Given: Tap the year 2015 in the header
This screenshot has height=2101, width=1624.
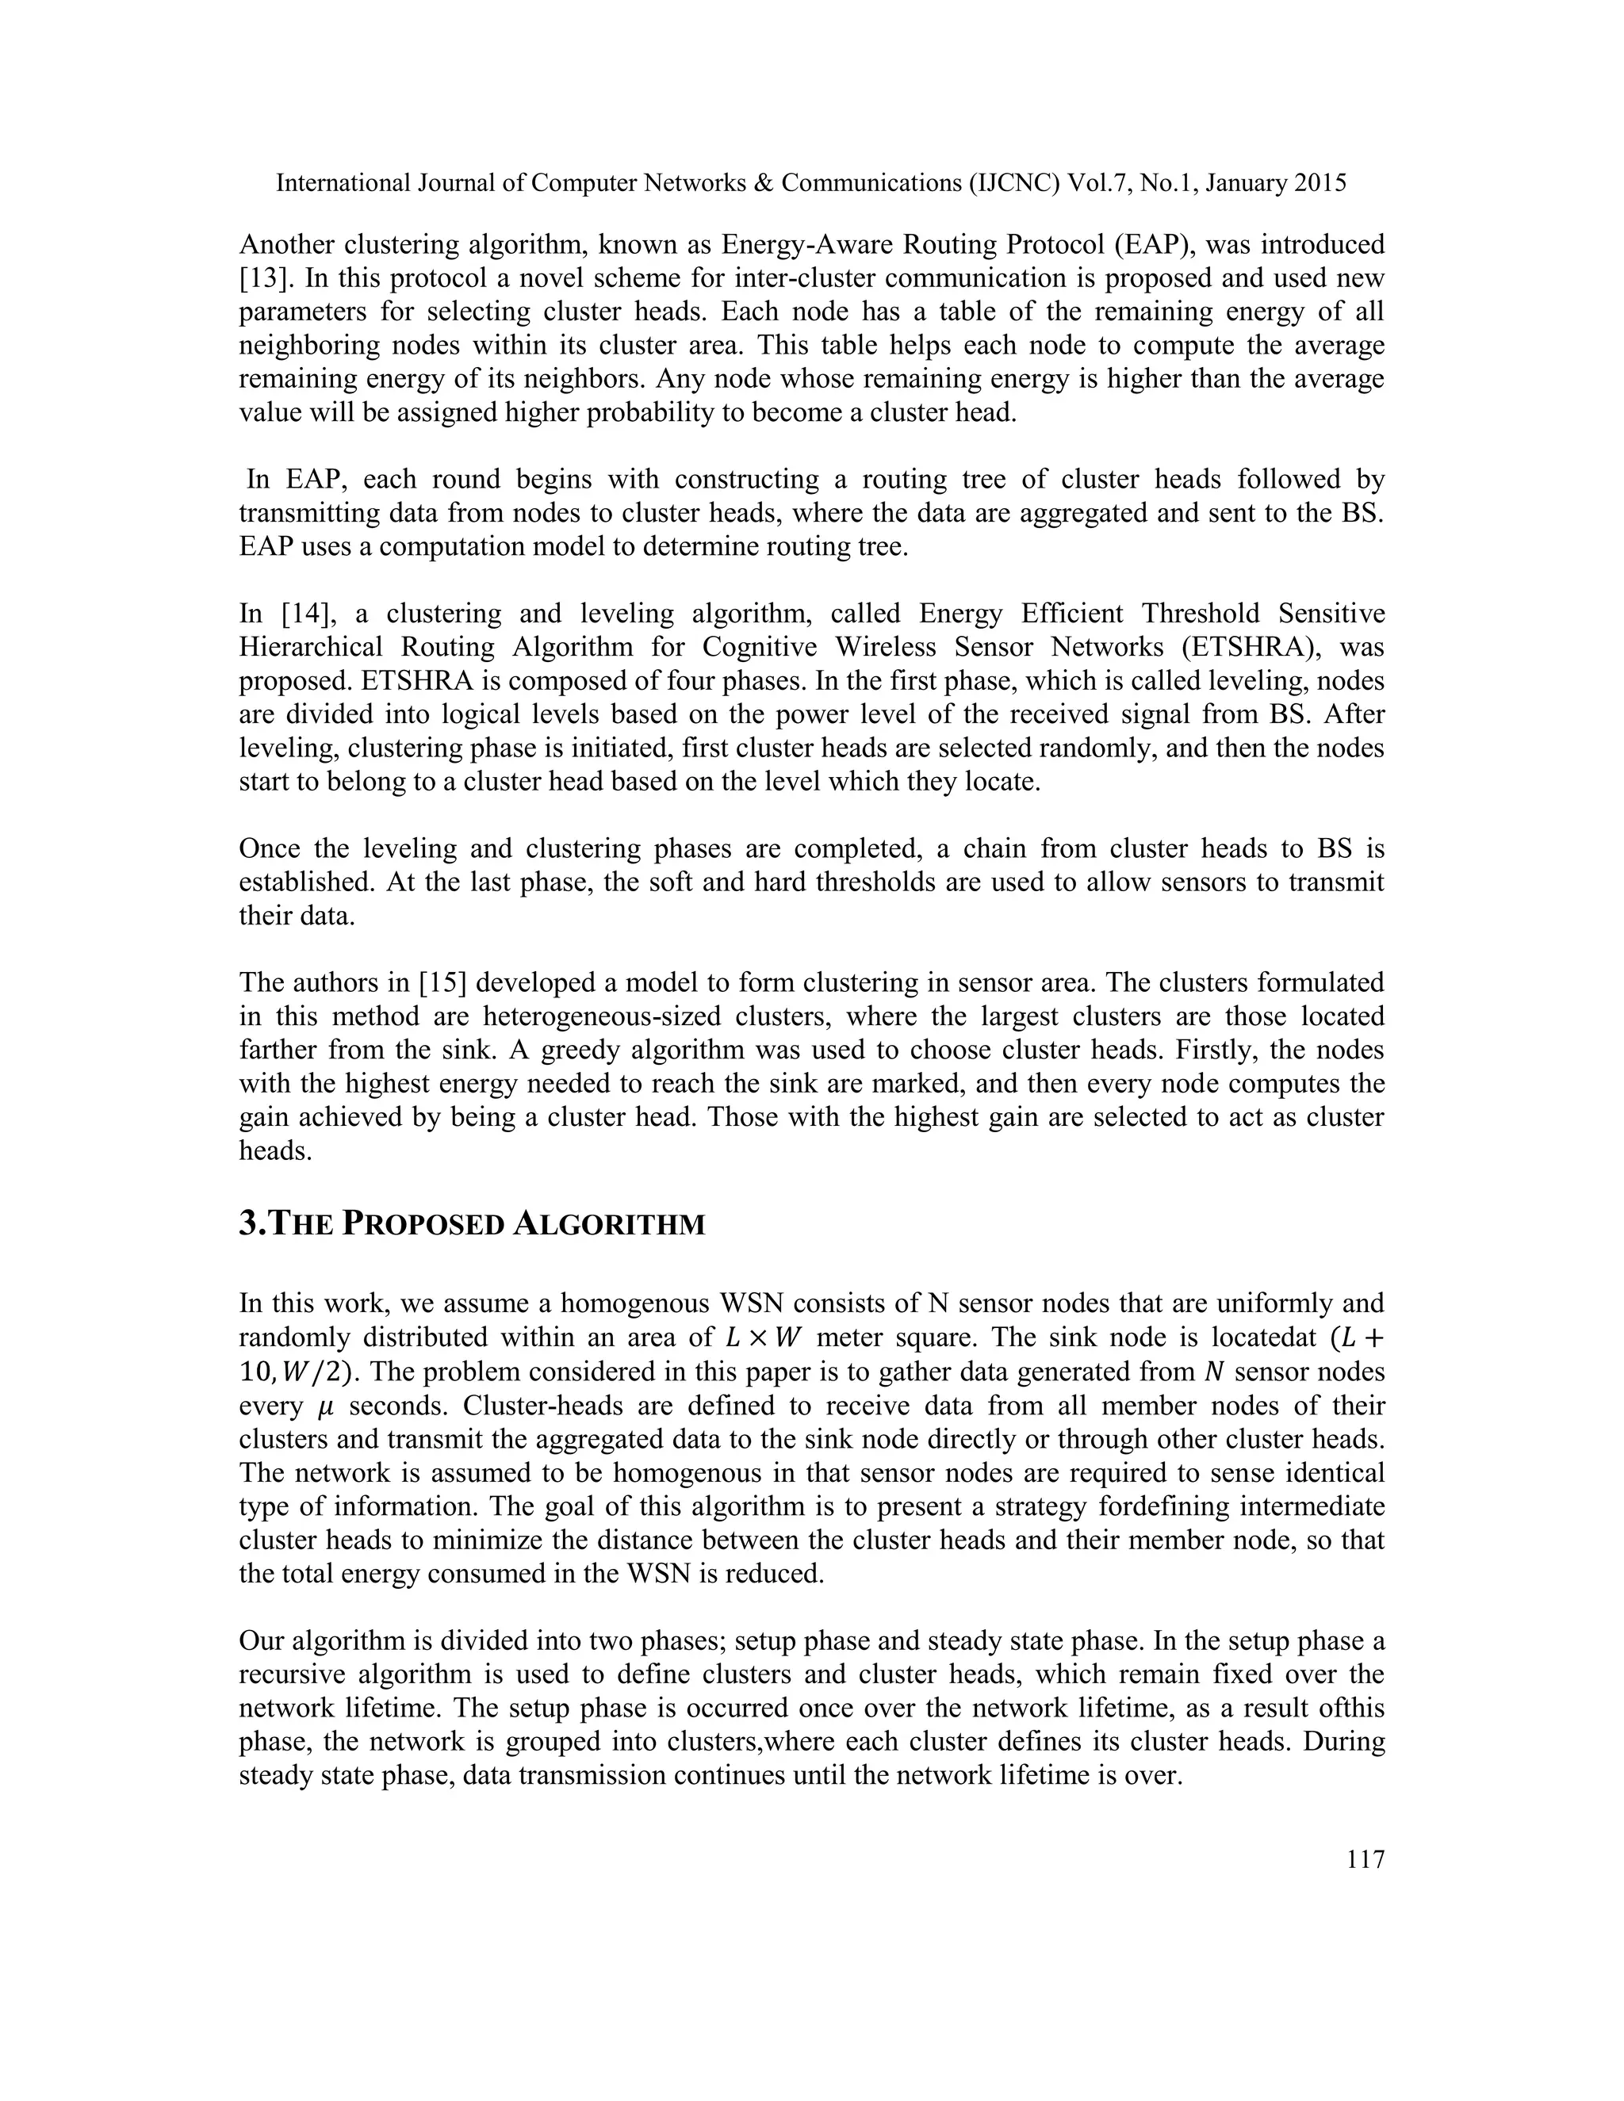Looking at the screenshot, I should (1319, 183).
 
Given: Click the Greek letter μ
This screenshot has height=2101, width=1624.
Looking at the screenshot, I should (324, 1406).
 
